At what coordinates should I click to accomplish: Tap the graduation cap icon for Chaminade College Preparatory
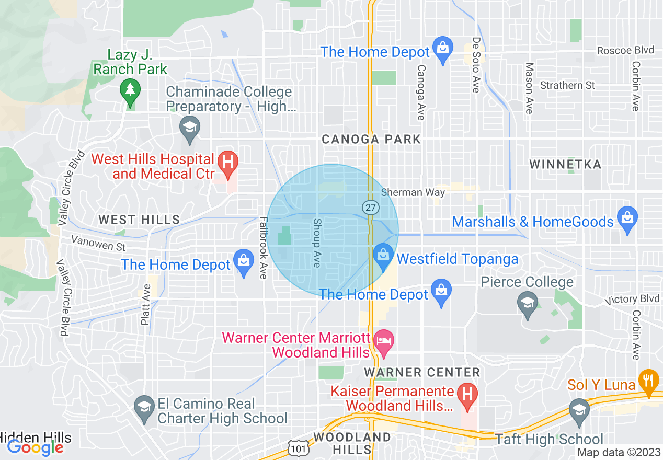[x=189, y=126]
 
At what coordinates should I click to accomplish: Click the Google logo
[x=35, y=447]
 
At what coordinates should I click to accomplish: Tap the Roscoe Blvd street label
[x=625, y=51]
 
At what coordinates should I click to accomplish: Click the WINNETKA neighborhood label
[x=565, y=165]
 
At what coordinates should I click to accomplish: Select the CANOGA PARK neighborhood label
[x=371, y=139]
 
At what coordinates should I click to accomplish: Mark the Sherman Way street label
[x=413, y=192]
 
